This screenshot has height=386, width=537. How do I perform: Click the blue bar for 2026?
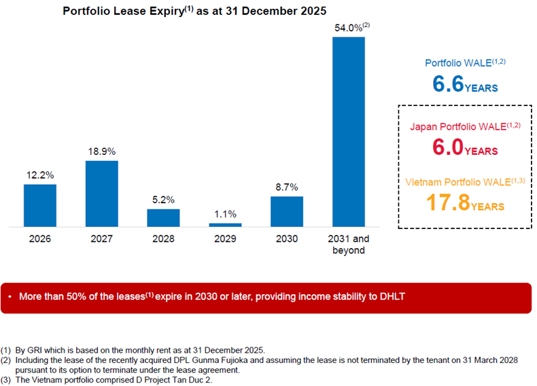point(40,205)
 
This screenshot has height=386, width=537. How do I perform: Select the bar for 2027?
point(101,194)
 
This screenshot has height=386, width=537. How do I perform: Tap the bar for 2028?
point(163,217)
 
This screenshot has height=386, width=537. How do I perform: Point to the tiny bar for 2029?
point(225,224)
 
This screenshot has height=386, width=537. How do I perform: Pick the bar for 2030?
point(287,211)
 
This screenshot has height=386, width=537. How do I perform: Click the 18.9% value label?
point(101,151)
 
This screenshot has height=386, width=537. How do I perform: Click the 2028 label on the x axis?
point(163,239)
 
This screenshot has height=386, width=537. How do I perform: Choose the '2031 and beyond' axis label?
point(349,245)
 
